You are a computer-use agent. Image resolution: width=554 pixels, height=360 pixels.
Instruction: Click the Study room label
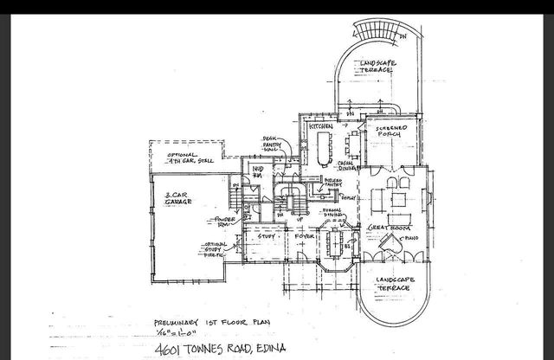point(267,235)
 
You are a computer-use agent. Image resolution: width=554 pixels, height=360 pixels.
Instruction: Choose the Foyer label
point(305,235)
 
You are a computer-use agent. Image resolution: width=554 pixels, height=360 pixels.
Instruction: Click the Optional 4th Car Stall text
point(192,158)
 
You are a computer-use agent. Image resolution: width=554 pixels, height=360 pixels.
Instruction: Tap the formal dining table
point(334,239)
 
